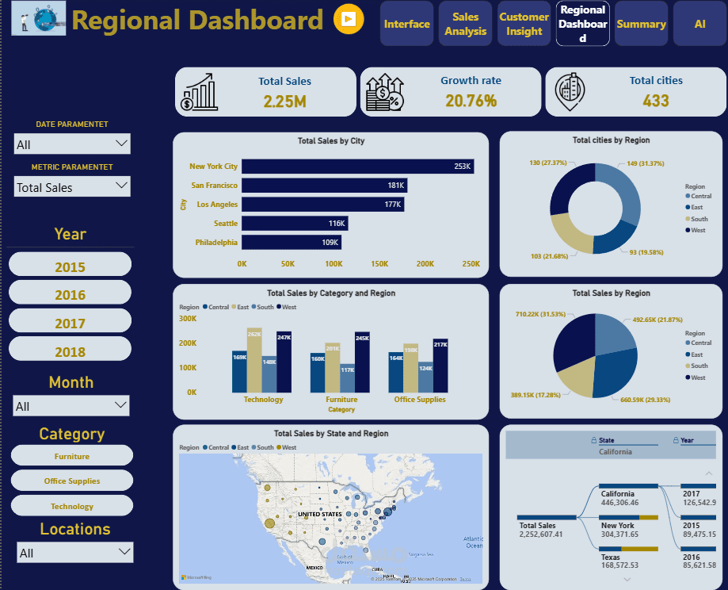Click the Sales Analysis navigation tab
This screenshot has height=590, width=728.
click(x=465, y=24)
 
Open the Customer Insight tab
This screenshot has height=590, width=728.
click(x=524, y=24)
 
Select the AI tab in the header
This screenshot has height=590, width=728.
click(x=699, y=24)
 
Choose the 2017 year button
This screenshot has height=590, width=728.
click(x=70, y=324)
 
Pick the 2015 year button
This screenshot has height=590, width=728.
click(x=70, y=267)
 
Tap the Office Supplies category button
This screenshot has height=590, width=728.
click(x=72, y=481)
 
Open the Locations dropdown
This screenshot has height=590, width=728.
click(x=75, y=553)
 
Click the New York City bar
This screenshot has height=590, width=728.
click(x=357, y=167)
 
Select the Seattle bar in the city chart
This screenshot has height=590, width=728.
click(x=294, y=224)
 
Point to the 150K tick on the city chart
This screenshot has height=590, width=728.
click(x=379, y=263)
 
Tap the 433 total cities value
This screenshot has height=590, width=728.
click(x=656, y=101)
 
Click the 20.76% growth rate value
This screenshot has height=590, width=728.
click(x=471, y=101)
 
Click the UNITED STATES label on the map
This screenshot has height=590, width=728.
click(x=319, y=514)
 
